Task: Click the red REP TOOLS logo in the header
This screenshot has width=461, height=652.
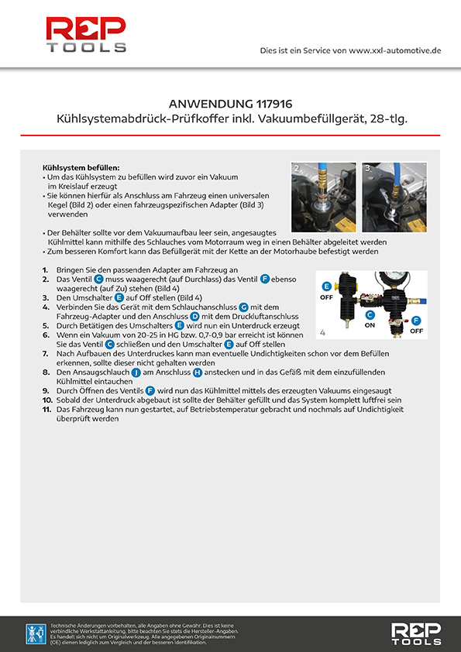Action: point(86,35)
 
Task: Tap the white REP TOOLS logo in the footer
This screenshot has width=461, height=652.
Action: point(416,633)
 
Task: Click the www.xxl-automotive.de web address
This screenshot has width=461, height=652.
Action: point(395,50)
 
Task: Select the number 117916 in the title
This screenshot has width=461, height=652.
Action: point(274,104)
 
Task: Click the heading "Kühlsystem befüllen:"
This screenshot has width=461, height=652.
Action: point(81,168)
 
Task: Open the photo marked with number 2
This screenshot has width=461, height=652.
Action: point(324,197)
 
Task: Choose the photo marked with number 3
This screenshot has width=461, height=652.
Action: point(394,197)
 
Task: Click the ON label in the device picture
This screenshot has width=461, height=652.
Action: point(370,325)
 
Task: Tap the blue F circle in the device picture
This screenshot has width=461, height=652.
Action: point(416,321)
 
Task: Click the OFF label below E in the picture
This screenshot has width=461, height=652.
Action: point(327,297)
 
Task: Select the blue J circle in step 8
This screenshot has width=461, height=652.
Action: point(136,372)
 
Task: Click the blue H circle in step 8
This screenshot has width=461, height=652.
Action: point(198,372)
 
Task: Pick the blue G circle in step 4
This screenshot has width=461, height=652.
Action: point(244,307)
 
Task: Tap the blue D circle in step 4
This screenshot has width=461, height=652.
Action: point(194,317)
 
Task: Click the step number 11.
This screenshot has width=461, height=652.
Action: point(46,410)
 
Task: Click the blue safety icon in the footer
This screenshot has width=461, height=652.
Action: point(36,633)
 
